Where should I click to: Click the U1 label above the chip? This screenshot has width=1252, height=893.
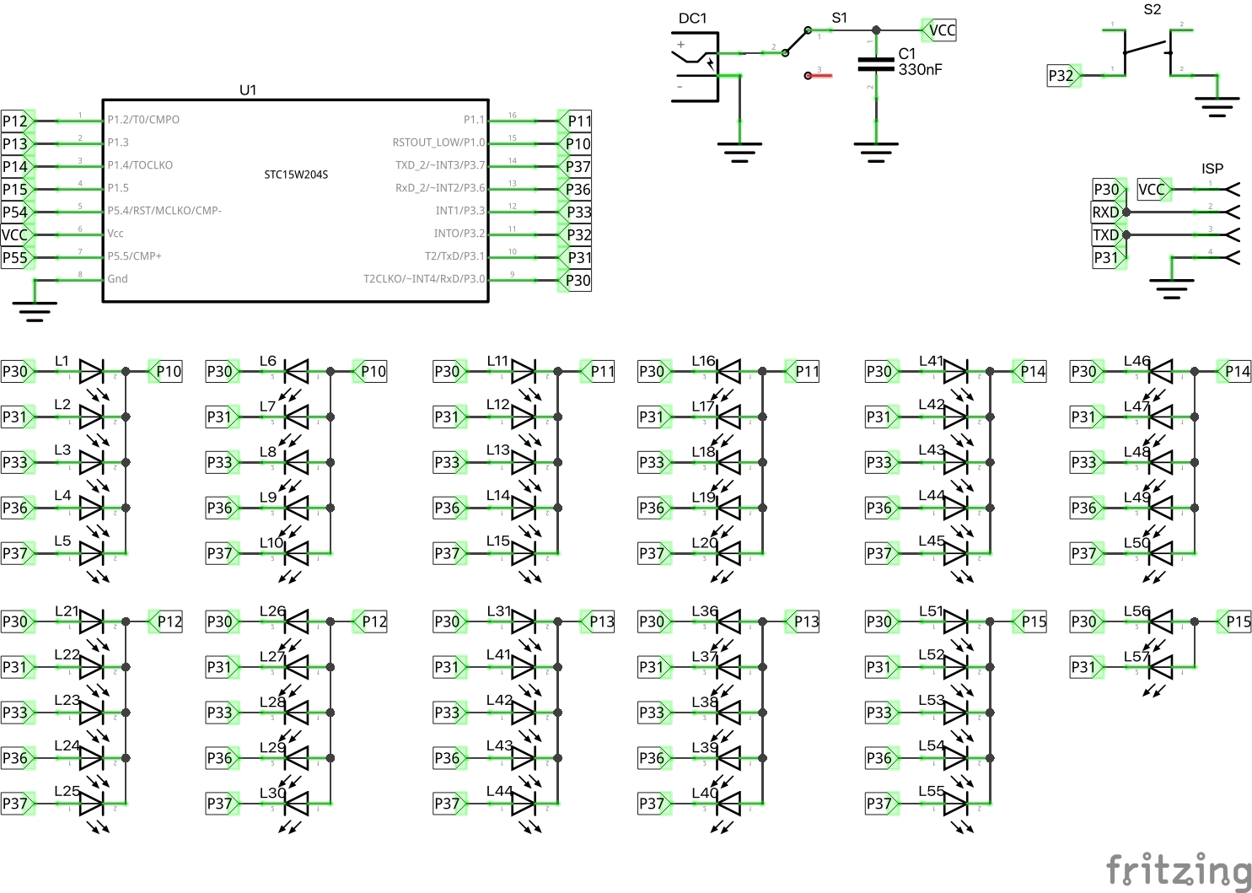pos(248,89)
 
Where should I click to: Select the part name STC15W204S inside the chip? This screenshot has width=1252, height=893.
pos(296,175)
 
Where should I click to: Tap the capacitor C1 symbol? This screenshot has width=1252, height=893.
pos(875,65)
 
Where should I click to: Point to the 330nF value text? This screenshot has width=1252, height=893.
pos(920,70)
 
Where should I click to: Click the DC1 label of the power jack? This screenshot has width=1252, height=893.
pos(692,19)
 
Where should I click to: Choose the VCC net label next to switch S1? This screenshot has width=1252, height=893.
pos(940,30)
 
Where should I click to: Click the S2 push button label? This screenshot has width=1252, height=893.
pos(1152,9)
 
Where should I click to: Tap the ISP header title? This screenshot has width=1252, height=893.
pos(1212,169)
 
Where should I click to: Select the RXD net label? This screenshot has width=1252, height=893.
pos(1106,212)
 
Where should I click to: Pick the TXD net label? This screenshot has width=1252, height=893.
pos(1106,234)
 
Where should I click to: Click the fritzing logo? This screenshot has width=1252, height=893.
pos(1178,869)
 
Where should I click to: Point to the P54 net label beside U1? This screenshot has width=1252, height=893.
pos(15,212)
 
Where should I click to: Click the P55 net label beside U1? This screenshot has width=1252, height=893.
pos(15,257)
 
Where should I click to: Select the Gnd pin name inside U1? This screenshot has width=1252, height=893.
pos(117,279)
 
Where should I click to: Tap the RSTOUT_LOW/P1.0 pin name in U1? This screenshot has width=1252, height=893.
pos(438,143)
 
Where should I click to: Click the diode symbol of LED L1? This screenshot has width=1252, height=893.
pos(91,371)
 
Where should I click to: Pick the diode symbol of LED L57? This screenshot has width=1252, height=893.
pos(1161,667)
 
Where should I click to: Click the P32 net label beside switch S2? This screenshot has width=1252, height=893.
pos(1061,76)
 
